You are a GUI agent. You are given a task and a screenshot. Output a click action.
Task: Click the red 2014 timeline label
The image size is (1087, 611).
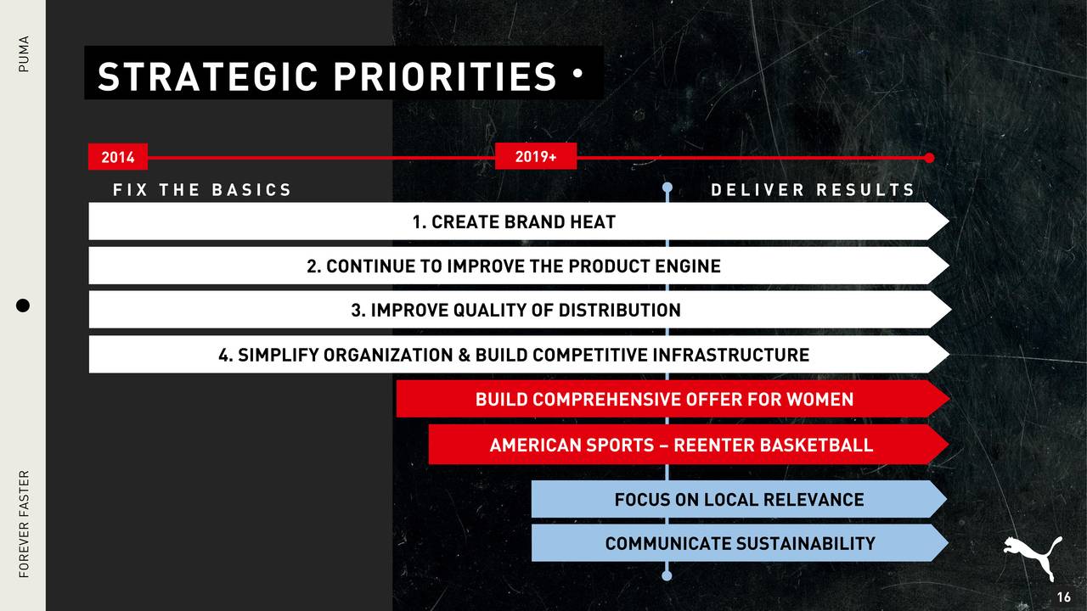point(118,157)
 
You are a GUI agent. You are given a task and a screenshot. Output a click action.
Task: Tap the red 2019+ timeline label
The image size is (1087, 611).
point(536,156)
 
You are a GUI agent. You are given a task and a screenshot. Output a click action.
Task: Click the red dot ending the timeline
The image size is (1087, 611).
point(929,158)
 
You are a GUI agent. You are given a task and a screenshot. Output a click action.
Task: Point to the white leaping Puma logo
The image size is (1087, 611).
point(1033,558)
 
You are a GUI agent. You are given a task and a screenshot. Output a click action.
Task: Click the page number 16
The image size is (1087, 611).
point(1064,597)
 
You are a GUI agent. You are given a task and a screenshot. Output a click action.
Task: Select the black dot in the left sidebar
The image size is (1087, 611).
point(23,305)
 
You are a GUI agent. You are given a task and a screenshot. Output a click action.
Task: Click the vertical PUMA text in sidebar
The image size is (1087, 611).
point(23,53)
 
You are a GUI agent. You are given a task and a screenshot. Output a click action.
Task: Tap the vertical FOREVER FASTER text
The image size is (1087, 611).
point(24,524)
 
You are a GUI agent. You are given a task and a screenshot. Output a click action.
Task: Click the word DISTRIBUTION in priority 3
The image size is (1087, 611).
point(620,311)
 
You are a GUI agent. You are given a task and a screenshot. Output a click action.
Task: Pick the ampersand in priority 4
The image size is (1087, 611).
point(464,355)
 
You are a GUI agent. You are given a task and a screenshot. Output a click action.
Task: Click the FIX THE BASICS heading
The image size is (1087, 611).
point(202,189)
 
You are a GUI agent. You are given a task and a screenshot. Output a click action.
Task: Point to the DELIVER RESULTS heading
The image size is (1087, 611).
point(813,189)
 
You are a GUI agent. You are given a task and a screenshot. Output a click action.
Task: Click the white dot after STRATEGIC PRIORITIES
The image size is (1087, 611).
point(577,73)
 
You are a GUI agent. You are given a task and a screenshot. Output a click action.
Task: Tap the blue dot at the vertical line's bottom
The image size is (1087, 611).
point(667,575)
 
